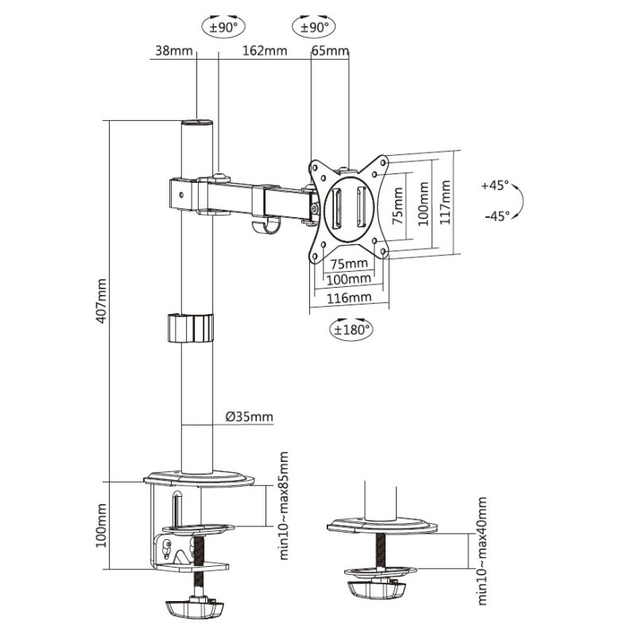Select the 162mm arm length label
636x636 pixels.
[264, 52]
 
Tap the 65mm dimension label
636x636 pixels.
[330, 52]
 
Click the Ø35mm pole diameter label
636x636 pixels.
[249, 417]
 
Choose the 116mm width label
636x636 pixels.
[349, 297]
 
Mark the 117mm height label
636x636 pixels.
[446, 203]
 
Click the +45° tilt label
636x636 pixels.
[494, 186]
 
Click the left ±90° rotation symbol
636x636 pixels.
[223, 26]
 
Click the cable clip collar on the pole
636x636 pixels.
[191, 328]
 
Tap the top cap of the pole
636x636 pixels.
[196, 123]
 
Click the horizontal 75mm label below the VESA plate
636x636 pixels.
[349, 263]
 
